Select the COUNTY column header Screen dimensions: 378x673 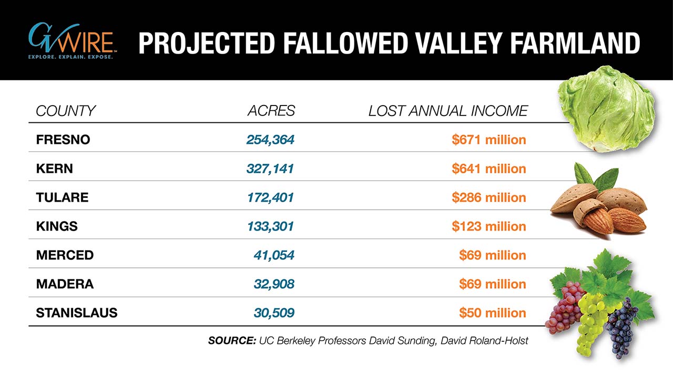(x=66, y=111)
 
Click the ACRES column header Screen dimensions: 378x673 (x=271, y=111)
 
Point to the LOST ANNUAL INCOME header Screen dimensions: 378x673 (x=447, y=111)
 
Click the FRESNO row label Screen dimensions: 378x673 (x=63, y=140)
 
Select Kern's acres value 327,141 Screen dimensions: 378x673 (x=270, y=169)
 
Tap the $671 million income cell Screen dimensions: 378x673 (x=488, y=140)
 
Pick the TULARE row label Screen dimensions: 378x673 (x=62, y=197)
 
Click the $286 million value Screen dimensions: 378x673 (x=488, y=197)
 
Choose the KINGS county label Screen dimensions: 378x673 (x=57, y=226)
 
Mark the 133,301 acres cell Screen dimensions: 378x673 (x=270, y=226)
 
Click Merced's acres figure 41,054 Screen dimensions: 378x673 (x=274, y=255)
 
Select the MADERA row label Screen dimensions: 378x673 (x=65, y=284)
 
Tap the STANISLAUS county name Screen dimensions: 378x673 (x=77, y=313)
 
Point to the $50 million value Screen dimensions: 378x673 (x=492, y=313)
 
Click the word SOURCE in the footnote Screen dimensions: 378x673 (x=231, y=341)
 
